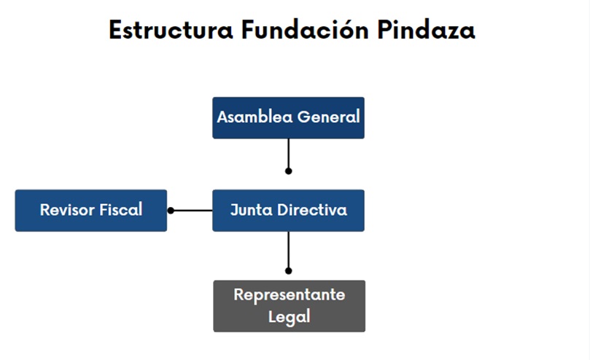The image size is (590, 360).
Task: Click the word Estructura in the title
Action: click(171, 30)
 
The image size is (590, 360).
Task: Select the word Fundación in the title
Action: click(305, 29)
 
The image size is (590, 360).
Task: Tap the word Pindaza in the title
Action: click(426, 29)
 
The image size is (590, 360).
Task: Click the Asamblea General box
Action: click(288, 118)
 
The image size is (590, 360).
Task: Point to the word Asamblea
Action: click(255, 117)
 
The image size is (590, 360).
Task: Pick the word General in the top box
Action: click(328, 117)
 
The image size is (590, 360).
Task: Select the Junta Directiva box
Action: click(288, 211)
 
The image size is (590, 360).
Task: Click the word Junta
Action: click(251, 210)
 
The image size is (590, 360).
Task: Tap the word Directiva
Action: click(312, 210)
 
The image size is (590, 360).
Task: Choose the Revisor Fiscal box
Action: click(90, 211)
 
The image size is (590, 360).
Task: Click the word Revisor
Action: click(67, 210)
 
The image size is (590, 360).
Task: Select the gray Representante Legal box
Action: click(289, 306)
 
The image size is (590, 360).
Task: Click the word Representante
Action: click(289, 295)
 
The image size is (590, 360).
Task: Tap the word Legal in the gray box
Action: click(289, 316)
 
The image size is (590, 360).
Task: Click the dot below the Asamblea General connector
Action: click(289, 171)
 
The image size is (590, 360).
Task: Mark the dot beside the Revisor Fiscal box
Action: click(171, 211)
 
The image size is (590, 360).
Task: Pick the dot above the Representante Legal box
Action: click(289, 271)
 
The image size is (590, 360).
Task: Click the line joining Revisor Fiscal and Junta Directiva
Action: click(192, 211)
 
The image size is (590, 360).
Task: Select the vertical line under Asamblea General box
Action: click(289, 155)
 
